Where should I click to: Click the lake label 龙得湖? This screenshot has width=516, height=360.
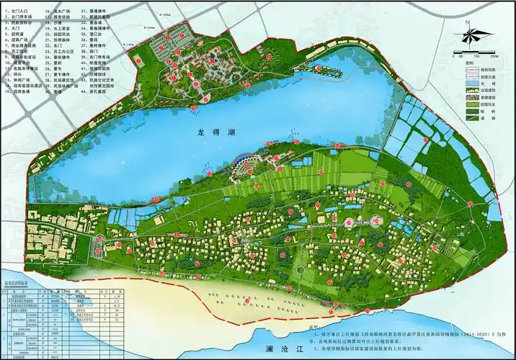214,133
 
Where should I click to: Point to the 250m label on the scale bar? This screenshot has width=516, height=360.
494,55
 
